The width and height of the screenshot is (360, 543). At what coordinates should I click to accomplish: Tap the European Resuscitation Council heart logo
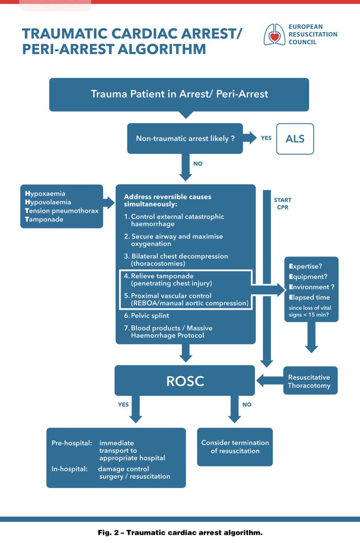[x=274, y=34]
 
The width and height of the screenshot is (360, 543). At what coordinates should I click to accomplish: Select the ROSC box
[x=185, y=381]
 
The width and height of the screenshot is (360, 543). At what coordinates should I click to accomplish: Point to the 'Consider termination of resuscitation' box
[x=235, y=447]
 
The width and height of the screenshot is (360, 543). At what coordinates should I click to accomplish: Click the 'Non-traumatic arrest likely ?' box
[x=185, y=138]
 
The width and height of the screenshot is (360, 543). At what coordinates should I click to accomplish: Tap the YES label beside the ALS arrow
[x=266, y=138]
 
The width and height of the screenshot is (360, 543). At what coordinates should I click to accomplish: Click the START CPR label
[x=283, y=204]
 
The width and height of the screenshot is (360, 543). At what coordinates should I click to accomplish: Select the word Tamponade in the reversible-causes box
[x=44, y=219]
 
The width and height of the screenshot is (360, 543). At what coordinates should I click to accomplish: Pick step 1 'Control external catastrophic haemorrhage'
[x=174, y=220]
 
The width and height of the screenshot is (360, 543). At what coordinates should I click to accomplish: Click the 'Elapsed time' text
[x=309, y=297]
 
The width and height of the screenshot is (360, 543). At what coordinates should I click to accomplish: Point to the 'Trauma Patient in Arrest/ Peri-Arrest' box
[x=179, y=94]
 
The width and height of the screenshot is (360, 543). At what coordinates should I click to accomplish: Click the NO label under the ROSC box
[x=246, y=405]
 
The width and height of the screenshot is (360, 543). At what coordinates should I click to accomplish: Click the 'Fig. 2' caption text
[x=180, y=533]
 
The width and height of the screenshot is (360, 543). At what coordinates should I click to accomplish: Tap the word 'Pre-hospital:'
[x=70, y=443]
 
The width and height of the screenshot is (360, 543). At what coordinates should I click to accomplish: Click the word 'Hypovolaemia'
[x=48, y=202]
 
